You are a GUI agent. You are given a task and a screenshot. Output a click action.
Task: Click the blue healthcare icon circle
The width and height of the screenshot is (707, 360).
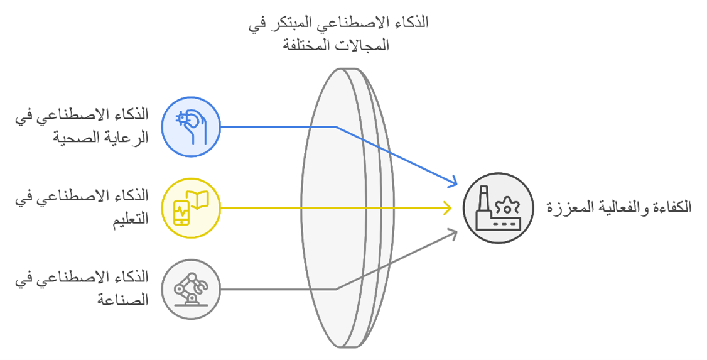click(x=191, y=127)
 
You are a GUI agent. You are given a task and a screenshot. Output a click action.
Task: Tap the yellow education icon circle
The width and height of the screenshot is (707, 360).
click(x=191, y=208)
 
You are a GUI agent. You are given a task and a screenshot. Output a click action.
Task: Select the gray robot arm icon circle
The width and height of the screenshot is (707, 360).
click(x=191, y=289)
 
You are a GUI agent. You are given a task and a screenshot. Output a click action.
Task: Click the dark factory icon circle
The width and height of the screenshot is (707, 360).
click(x=499, y=208)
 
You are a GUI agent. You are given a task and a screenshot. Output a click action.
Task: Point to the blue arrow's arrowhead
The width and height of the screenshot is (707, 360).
click(x=452, y=182)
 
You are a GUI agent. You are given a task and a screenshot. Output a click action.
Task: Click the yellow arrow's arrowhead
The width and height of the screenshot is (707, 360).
click(x=447, y=208)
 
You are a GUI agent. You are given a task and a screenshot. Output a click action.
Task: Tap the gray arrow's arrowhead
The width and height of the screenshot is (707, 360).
click(x=452, y=234)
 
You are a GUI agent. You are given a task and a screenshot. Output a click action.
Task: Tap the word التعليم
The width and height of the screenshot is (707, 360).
click(x=131, y=219)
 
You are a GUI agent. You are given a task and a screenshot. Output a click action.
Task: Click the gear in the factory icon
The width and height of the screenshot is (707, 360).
click(x=508, y=206)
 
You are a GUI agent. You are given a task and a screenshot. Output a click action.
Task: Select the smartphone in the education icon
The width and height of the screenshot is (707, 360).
click(x=181, y=212)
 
